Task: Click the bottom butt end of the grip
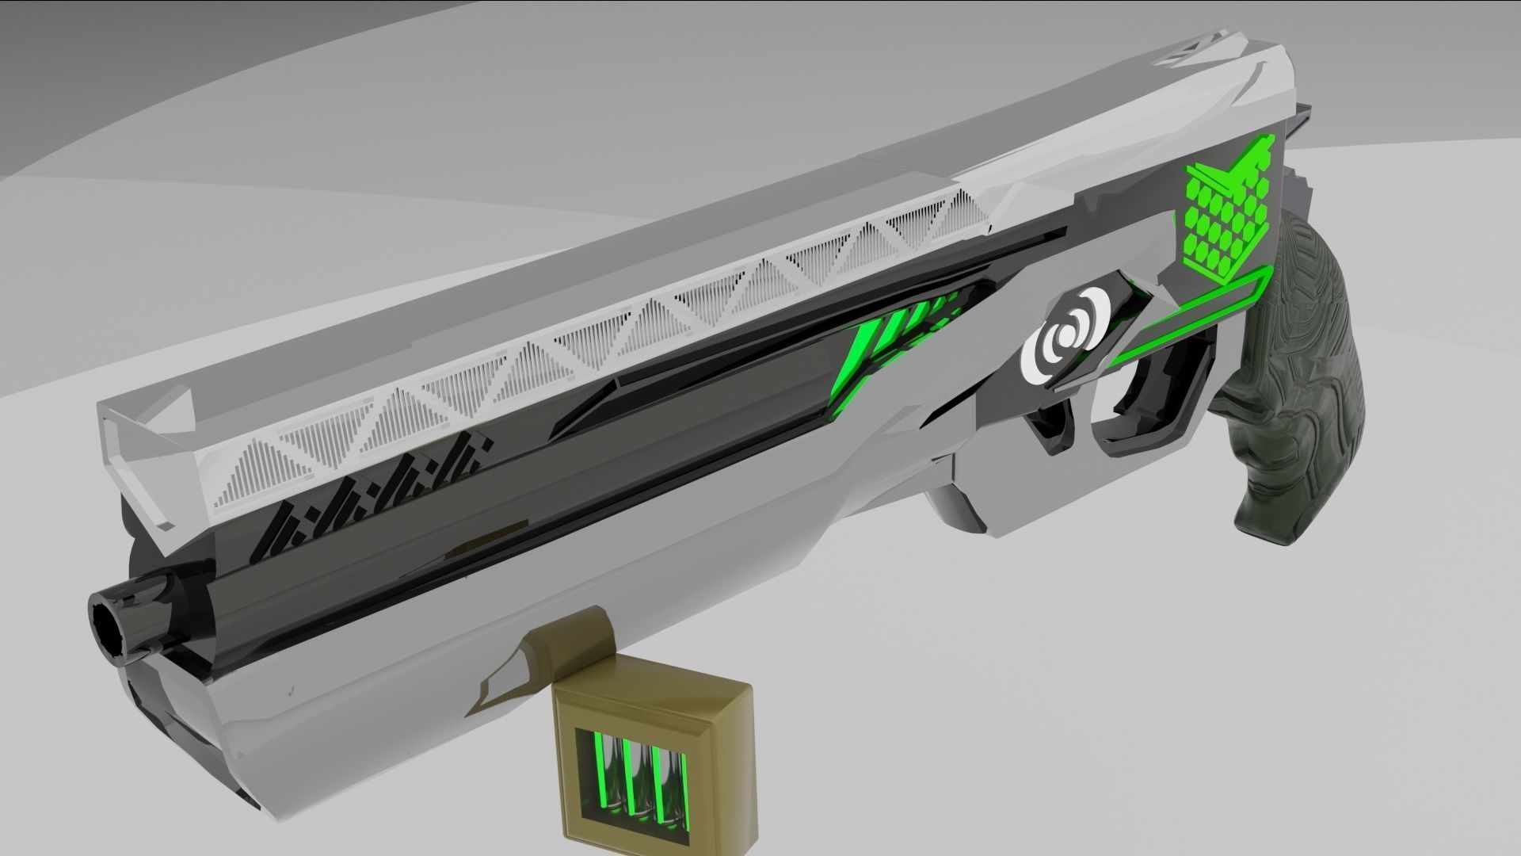click(x=1267, y=526)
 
